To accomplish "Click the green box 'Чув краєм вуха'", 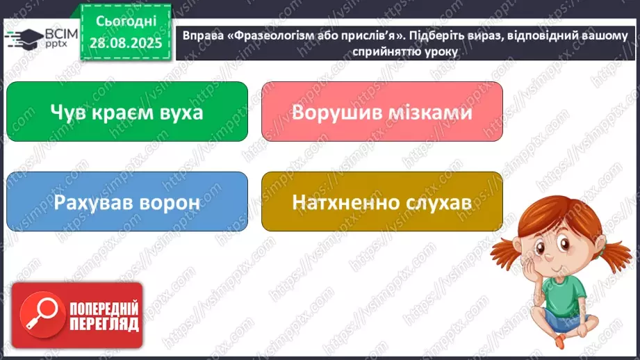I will coord(126,112).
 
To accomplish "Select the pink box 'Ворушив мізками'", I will coord(381,112).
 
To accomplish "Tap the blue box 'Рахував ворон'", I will coord(126,202).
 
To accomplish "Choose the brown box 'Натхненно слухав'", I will coord(381,202).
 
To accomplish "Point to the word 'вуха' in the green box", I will coord(177,112).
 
